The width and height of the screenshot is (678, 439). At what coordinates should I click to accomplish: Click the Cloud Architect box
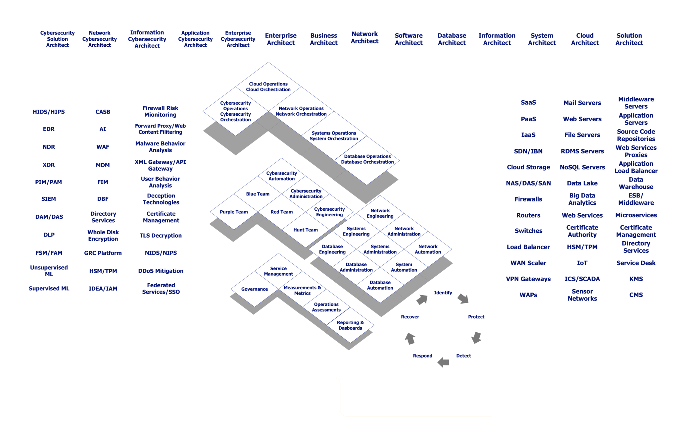585,39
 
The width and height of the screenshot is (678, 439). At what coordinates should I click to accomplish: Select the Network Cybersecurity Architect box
99,39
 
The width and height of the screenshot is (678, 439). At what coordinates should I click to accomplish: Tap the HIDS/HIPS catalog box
49,112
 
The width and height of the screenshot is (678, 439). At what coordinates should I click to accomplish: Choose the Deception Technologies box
161,199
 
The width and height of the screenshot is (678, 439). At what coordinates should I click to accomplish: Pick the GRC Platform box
103,253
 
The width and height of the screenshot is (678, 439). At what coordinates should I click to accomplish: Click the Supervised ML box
49,288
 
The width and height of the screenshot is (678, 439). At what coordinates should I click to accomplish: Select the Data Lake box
582,183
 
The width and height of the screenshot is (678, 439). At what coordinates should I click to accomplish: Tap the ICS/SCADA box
582,279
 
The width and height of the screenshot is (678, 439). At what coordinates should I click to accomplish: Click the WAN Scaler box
528,263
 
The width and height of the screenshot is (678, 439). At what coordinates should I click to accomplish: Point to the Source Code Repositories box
636,135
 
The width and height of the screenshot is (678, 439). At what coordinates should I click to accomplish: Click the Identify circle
443,293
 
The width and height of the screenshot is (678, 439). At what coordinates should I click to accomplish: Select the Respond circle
422,356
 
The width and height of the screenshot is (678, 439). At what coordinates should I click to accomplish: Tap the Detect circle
463,356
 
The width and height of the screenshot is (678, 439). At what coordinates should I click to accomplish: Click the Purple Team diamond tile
234,212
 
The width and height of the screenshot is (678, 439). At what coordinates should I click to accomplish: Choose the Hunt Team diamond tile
305,230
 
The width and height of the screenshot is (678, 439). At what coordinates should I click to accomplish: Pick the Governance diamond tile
254,289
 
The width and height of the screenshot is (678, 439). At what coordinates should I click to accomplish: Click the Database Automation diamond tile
380,285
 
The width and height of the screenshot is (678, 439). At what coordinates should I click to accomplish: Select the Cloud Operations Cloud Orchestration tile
268,86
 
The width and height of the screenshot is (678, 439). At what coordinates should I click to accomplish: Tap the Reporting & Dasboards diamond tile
350,325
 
